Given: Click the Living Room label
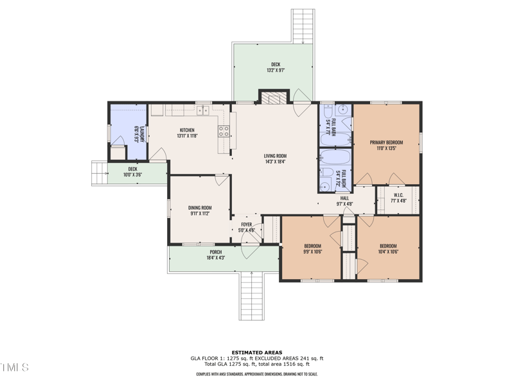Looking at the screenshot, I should coord(275,156).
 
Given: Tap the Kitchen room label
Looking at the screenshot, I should coord(187,130).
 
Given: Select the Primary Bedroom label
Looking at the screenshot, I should coord(386,142).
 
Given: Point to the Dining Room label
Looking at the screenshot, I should coord(200,208).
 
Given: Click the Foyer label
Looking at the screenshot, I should coord(247,225).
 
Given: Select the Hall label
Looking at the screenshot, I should coord(344,199).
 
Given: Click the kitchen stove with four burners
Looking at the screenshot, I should coord(224,132).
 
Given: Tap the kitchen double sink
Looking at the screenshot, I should coord(202,110).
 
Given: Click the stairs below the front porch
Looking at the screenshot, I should coord(251,296).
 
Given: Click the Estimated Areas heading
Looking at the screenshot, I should coord(256,352).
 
